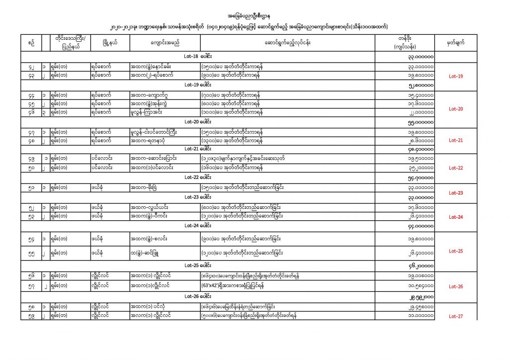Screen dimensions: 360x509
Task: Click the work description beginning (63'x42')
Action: pyautogui.click(x=233, y=286)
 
